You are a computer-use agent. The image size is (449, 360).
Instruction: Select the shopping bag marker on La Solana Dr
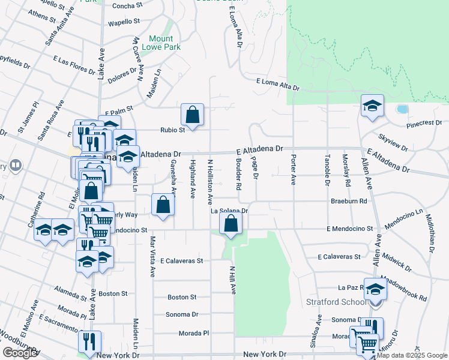[x=231, y=224]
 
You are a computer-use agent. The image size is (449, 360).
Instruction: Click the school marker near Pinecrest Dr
[x=372, y=107]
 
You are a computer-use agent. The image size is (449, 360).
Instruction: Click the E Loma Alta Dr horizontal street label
[x=277, y=83]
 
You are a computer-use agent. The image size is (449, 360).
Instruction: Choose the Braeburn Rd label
[x=348, y=202]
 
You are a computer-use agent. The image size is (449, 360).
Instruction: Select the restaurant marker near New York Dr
[x=89, y=341]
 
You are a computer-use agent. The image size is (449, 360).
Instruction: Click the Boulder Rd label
[x=238, y=178]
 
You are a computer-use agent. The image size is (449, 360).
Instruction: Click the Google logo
[x=20, y=353]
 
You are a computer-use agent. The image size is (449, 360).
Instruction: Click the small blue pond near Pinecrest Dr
[x=402, y=109]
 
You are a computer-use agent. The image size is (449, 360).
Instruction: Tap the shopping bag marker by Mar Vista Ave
[x=163, y=205]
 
